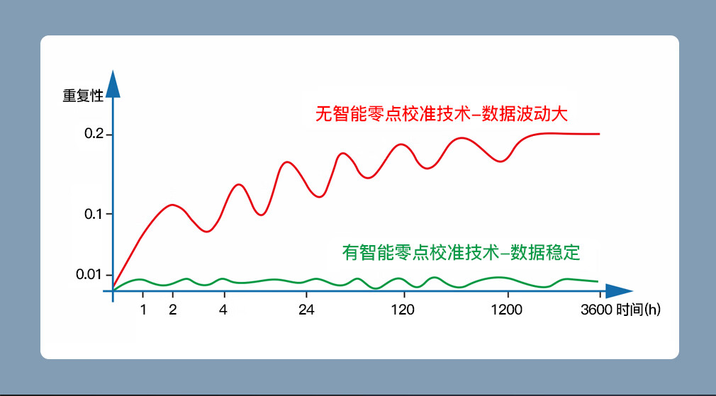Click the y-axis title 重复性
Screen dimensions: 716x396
[83, 96]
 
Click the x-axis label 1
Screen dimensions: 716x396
[143, 310]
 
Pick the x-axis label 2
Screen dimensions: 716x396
[172, 310]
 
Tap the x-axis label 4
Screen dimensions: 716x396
[223, 310]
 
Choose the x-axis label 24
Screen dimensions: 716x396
[306, 310]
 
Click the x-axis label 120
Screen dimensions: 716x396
[403, 310]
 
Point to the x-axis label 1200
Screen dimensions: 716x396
[506, 310]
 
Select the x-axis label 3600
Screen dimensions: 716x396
[596, 310]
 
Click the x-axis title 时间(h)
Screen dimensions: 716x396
[638, 310]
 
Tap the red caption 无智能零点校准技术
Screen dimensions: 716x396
[392, 114]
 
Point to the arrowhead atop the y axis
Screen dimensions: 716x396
[113, 83]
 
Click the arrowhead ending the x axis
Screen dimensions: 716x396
[619, 290]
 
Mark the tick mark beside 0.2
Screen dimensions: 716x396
[110, 135]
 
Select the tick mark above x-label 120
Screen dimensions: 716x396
[403, 294]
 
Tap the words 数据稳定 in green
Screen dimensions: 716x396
[545, 252]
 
